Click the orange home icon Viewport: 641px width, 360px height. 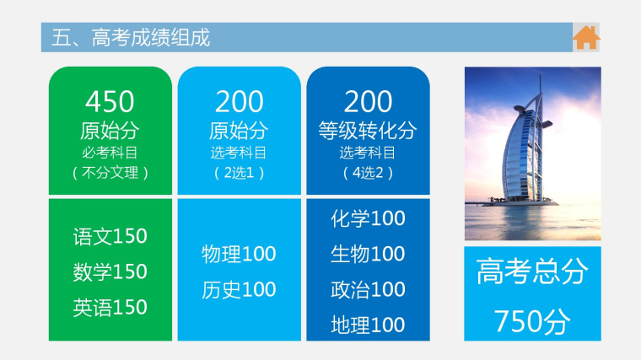(x=586, y=38)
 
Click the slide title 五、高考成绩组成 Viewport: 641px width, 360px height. (x=131, y=38)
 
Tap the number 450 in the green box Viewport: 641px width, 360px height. (x=110, y=101)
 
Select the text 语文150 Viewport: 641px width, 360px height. (x=110, y=236)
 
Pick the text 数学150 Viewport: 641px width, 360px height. (x=110, y=271)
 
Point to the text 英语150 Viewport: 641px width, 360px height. (x=110, y=307)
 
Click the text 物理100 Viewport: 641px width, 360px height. (x=239, y=254)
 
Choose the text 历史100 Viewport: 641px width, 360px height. (x=239, y=289)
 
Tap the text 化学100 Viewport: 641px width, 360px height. (x=368, y=218)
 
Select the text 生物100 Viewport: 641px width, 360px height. (x=368, y=254)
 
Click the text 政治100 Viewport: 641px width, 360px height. (x=368, y=289)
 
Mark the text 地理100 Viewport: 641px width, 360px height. (x=368, y=325)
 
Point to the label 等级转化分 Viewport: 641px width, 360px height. (x=368, y=131)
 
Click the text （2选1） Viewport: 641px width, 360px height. (x=240, y=173)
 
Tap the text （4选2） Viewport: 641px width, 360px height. (x=368, y=173)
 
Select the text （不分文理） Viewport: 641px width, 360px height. (x=110, y=173)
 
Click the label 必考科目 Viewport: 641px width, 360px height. (x=110, y=153)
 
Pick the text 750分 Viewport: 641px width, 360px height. (x=532, y=321)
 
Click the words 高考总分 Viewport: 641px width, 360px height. (x=532, y=271)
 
